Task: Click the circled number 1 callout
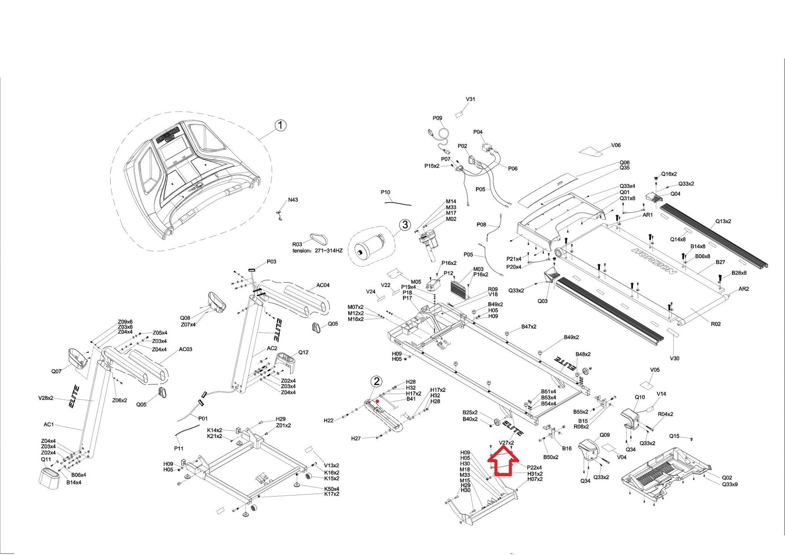click(x=281, y=125)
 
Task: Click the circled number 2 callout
click(x=377, y=381)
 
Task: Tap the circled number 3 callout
click(x=405, y=225)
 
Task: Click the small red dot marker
click(x=378, y=401)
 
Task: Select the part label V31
click(x=470, y=99)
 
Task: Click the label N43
click(x=293, y=200)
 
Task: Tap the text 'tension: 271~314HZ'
click(x=317, y=251)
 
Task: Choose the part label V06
click(x=616, y=145)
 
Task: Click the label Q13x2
click(x=723, y=221)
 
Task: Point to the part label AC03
click(x=186, y=349)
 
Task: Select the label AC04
click(x=323, y=285)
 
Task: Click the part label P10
click(x=385, y=192)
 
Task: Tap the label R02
click(x=716, y=324)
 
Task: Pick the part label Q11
click(x=46, y=459)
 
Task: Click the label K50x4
click(x=332, y=489)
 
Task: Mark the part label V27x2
click(x=506, y=443)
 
